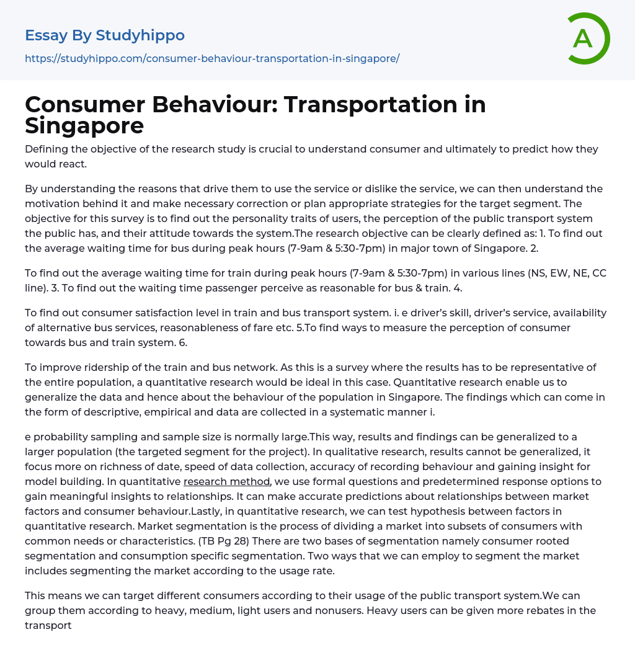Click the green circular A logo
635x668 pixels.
pos(588,38)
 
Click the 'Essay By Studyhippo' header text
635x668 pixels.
pos(105,36)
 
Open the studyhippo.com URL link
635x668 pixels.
pos(212,58)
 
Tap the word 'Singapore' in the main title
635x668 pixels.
pos(84,126)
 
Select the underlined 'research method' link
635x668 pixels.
pos(227,481)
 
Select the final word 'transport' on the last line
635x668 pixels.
pos(48,625)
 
